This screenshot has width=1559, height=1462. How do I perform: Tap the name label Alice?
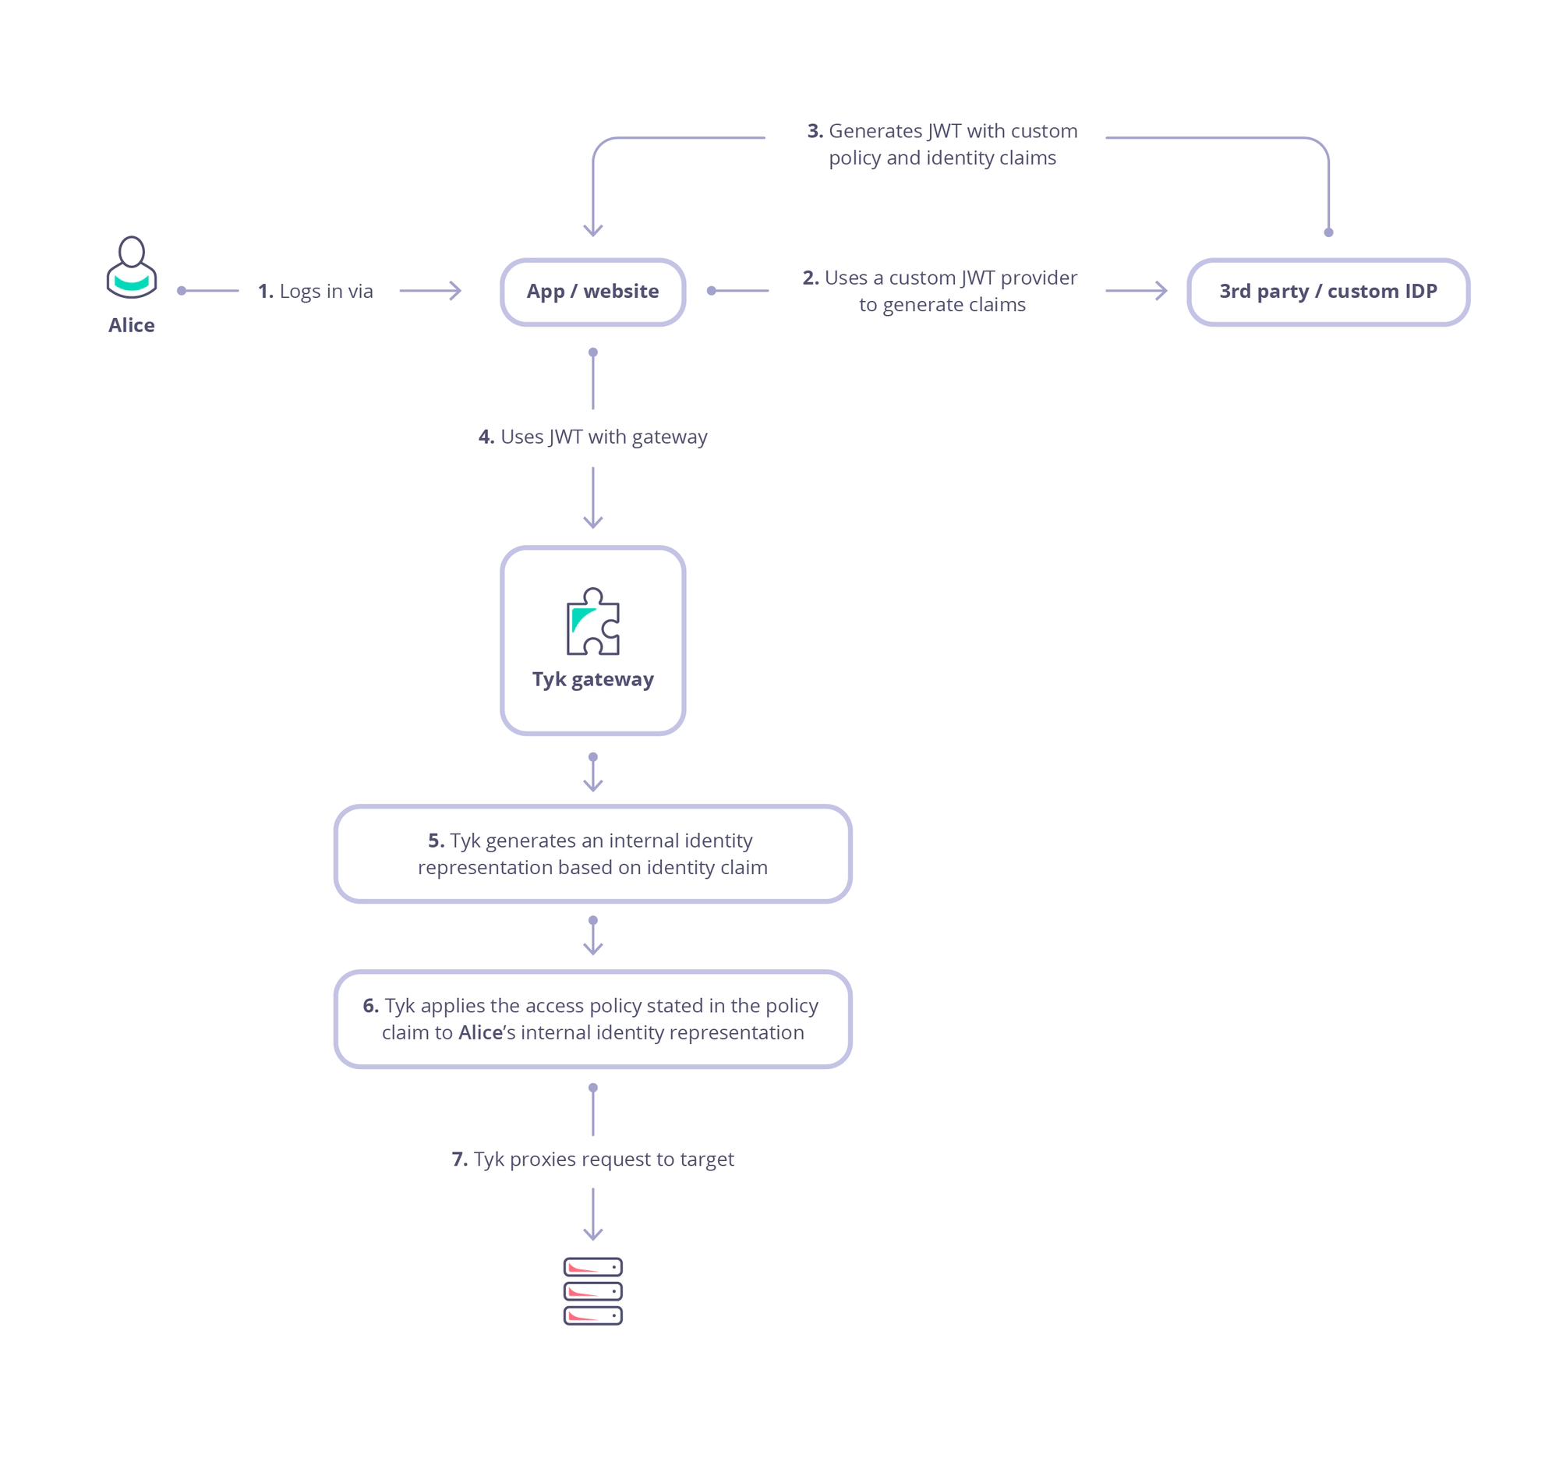point(132,325)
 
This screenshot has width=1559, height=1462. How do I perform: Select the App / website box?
point(593,292)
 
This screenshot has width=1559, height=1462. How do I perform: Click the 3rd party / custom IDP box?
point(1327,292)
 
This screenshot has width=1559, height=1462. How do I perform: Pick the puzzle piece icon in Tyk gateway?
point(593,621)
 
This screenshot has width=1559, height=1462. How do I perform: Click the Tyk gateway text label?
point(593,679)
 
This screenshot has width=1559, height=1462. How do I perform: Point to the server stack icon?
point(593,1291)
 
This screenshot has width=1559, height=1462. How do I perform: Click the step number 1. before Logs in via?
point(266,292)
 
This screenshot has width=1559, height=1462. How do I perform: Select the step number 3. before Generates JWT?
point(815,131)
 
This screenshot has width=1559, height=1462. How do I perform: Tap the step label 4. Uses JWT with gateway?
point(593,437)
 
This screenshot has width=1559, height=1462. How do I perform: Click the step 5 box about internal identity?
point(593,854)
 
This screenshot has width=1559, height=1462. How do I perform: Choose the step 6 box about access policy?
point(593,1019)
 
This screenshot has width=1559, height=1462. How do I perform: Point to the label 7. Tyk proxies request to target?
point(593,1159)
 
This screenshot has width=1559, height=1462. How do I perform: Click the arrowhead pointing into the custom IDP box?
point(1163,291)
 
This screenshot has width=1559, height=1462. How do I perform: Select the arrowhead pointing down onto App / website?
point(593,231)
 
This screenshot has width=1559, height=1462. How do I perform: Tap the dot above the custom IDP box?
point(1328,232)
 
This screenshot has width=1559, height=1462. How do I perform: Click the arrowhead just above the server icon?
point(593,1234)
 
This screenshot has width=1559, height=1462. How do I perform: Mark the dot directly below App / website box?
point(593,352)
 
